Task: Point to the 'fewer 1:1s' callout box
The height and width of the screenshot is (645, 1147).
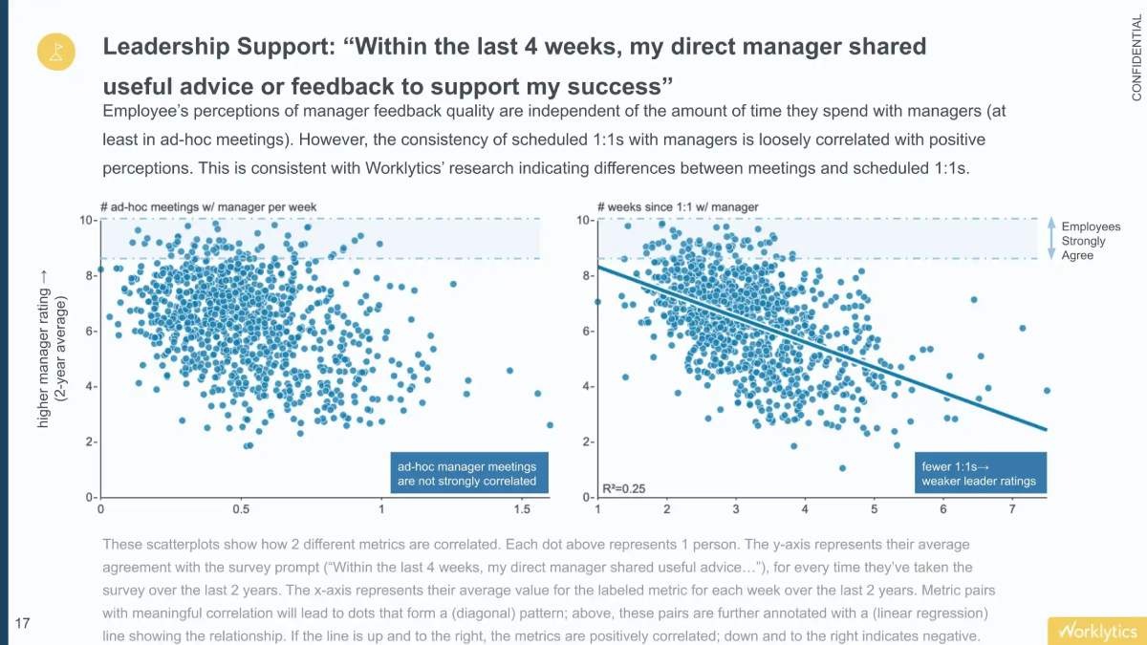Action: (979, 474)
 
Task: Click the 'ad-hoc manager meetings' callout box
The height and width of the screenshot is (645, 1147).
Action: (466, 474)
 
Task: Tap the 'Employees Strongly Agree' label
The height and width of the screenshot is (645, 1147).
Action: (1091, 241)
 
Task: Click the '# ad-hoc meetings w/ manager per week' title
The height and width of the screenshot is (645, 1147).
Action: (207, 206)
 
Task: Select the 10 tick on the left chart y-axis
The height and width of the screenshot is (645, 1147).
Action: (85, 221)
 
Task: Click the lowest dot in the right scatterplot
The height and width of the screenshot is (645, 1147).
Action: (842, 468)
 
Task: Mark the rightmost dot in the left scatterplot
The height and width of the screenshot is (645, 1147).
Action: (550, 425)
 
